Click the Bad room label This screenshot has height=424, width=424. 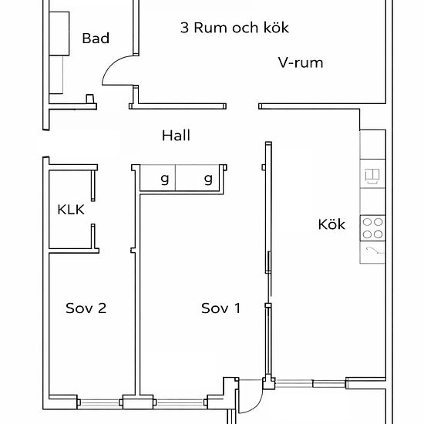pos(96,38)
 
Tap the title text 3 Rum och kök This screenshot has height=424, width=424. pos(234,28)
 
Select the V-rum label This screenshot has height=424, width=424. pos(301,62)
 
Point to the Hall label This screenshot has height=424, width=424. pos(176,136)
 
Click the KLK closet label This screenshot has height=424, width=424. pos(71,210)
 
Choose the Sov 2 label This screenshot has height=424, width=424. pos(86,308)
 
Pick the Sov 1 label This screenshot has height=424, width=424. pos(221,308)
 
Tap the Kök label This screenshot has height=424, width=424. pos(331,224)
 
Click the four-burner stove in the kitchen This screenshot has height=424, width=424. pos(372,228)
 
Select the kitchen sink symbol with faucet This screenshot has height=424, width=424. pos(372,252)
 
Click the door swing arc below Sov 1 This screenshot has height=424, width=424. pos(257,405)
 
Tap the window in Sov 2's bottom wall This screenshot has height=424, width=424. pos(99,402)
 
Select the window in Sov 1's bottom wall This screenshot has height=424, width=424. pos(180,402)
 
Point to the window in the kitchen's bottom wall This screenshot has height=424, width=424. pos(310,383)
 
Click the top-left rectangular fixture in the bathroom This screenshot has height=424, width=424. pos(59,34)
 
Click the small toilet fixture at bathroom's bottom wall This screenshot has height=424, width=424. pos(90,99)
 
